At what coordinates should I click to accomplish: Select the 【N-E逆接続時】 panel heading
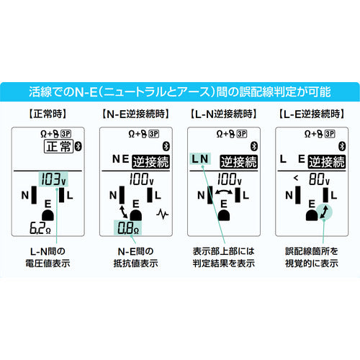pyautogui.click(x=135, y=114)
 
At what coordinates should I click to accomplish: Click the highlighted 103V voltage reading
pyautogui.click(x=53, y=178)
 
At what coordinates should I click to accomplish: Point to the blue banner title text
pyautogui.click(x=180, y=91)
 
